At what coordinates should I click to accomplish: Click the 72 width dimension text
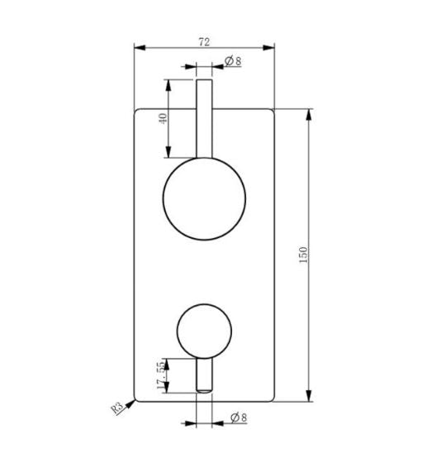204,40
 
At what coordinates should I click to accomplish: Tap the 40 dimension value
164,118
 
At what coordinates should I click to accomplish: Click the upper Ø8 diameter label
232,61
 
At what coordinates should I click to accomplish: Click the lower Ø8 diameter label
234,419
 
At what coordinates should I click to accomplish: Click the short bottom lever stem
204,377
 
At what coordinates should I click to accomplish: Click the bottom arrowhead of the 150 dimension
311,398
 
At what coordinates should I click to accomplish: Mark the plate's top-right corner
273,108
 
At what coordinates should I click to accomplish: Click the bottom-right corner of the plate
273,402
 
